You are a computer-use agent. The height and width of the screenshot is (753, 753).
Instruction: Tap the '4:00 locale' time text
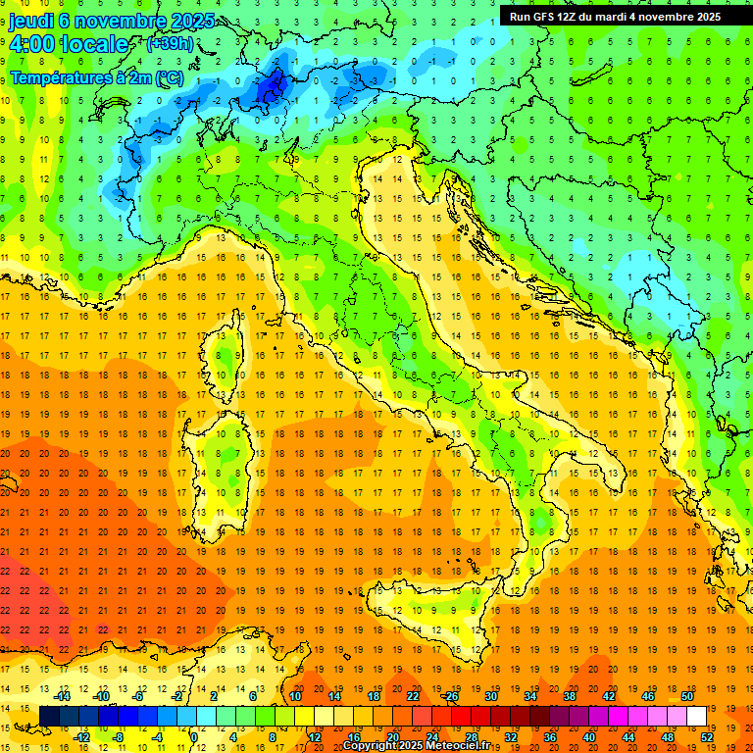69,44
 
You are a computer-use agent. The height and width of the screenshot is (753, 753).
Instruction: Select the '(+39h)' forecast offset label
169,44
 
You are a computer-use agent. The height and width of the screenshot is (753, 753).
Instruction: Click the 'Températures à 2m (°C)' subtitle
96,76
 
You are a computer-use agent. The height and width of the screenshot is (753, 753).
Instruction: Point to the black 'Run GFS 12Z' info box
615,16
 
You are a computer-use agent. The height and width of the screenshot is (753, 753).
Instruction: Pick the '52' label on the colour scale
706,736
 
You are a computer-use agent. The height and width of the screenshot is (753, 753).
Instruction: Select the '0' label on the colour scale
195,736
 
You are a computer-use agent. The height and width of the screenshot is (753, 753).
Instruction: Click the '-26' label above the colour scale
450,696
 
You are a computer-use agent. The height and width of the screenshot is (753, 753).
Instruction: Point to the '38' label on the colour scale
569,696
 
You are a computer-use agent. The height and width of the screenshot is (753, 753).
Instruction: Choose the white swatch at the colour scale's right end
696,716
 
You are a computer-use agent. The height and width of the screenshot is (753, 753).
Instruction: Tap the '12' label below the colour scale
314,736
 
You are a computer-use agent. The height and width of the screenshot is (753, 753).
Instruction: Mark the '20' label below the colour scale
392,736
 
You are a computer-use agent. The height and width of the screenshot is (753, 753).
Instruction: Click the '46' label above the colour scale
647,696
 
